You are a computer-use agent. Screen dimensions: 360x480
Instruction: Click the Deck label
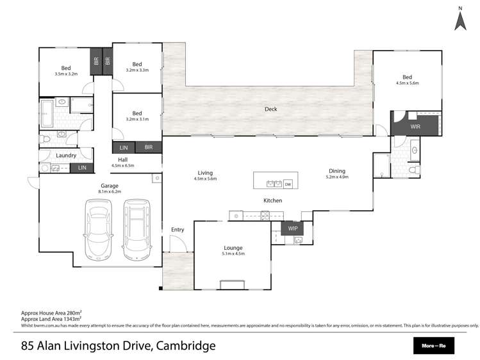coord(271,109)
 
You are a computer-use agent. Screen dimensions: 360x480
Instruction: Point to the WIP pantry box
coord(293,228)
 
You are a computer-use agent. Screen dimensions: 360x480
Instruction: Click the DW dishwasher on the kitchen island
coord(288,184)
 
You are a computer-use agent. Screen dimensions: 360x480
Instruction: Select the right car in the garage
coord(136,227)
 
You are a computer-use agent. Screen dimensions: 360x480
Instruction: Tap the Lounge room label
coord(233,247)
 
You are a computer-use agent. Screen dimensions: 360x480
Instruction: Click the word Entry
coord(177,229)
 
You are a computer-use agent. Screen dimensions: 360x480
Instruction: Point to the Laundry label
coord(66,155)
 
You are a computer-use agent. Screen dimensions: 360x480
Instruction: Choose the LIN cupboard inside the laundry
coord(82,168)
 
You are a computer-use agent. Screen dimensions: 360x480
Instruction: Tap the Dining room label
coord(337,171)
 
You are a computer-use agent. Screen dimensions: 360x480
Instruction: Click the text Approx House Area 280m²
coord(52,313)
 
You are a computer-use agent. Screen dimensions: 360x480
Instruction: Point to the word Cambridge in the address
coord(186,347)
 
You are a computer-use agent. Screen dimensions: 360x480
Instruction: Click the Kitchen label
coord(273,200)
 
